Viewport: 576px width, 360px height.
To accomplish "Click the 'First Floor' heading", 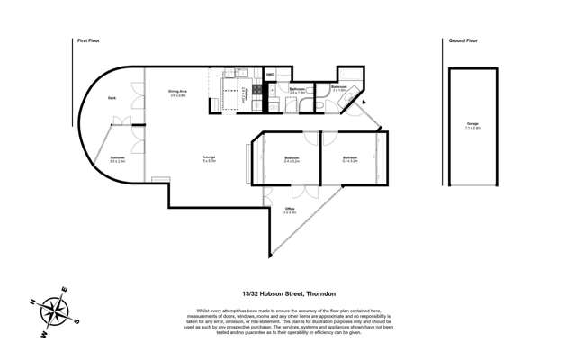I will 87,40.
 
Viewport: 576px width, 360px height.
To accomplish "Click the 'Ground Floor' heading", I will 463,40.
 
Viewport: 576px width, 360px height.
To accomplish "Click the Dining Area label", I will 177,92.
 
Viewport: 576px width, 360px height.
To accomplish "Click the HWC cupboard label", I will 269,74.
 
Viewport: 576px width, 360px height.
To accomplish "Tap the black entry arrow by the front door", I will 364,102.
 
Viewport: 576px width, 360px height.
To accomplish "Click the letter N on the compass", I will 31,301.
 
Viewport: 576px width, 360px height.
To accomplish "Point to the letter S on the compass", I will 77,320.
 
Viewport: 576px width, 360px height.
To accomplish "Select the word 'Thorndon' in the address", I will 320,293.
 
